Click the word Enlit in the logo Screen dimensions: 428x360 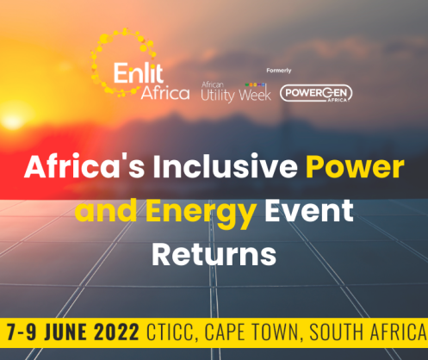click(139, 73)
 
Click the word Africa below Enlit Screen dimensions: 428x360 click(165, 93)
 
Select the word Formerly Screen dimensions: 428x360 click(279, 71)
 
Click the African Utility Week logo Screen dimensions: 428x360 click(236, 92)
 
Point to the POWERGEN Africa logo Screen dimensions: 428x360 click(316, 93)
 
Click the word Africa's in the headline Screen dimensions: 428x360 click(84, 167)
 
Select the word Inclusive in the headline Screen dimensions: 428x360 click(226, 166)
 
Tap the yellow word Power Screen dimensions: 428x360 click(355, 167)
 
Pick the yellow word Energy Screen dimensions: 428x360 click(201, 213)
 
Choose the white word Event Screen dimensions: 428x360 click(309, 211)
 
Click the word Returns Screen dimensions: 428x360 click(214, 254)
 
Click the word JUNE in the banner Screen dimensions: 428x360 click(65, 332)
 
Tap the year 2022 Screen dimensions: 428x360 click(117, 332)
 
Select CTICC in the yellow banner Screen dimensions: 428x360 click(171, 332)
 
